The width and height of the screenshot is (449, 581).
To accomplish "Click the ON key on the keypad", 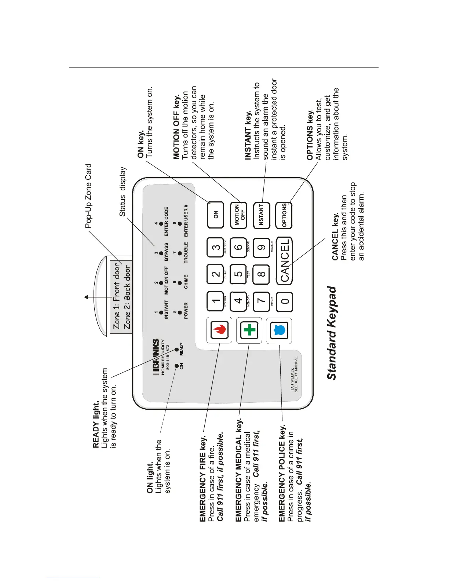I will click(x=216, y=215).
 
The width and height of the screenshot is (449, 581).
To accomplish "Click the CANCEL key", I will click(x=284, y=260).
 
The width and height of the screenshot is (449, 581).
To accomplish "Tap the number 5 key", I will click(x=238, y=274).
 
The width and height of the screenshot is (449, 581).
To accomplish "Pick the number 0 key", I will click(x=284, y=302).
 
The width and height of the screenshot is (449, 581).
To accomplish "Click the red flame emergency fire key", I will click(x=219, y=330).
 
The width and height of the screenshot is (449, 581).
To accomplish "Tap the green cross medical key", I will click(x=249, y=330).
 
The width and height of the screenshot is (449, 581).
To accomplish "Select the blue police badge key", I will click(x=279, y=330).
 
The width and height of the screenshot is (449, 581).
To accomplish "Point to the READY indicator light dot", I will click(x=176, y=349).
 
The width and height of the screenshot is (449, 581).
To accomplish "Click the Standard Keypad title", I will click(x=331, y=333).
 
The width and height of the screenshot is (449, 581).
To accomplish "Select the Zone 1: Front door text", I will click(x=117, y=295).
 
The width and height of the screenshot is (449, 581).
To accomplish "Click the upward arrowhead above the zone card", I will click(x=86, y=297).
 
